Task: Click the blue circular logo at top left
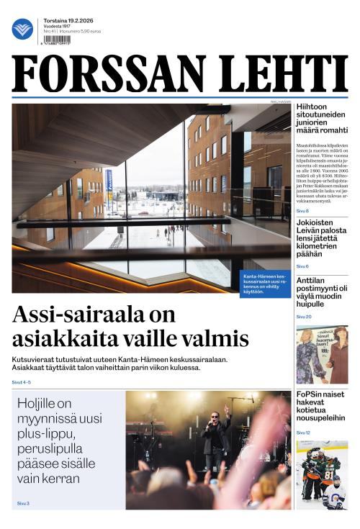coord(22,29)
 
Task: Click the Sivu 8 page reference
coord(302,211)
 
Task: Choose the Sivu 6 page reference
coord(302,266)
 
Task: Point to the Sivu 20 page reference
coord(304,317)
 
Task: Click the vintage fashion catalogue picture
coord(321,354)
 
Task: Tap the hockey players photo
coord(321,475)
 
